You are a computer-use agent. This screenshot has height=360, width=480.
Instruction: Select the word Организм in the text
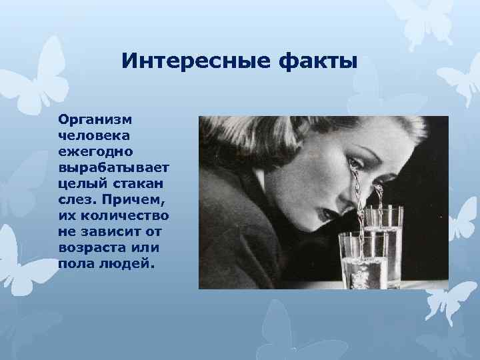click(95, 121)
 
